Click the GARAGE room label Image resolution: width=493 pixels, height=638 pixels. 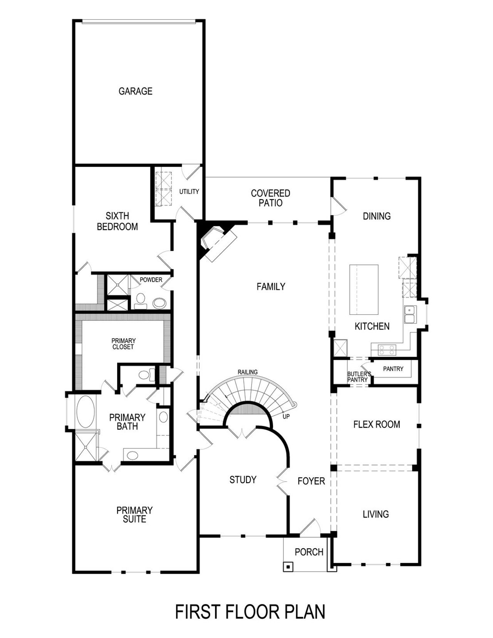(135, 91)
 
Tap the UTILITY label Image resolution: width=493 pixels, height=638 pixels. (189, 191)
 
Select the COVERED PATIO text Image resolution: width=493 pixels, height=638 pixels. (270, 198)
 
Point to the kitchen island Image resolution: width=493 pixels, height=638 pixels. (364, 289)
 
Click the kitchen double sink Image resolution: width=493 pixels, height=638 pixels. (409, 314)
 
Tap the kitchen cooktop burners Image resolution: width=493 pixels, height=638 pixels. (387, 350)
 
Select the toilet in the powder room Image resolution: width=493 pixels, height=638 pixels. (141, 301)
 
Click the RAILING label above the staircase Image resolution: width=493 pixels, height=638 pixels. (247, 372)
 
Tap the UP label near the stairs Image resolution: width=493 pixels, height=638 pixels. (286, 416)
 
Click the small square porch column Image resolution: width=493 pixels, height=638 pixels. (288, 567)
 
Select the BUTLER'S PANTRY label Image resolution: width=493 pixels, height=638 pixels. (359, 377)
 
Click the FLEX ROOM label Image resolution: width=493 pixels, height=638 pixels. (376, 425)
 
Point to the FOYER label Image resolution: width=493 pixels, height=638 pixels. (311, 481)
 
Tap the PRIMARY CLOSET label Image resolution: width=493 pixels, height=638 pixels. (123, 344)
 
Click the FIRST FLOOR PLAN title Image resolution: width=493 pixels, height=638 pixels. (250, 612)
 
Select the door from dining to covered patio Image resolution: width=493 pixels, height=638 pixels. (338, 206)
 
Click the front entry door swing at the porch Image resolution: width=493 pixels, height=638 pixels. (310, 526)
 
